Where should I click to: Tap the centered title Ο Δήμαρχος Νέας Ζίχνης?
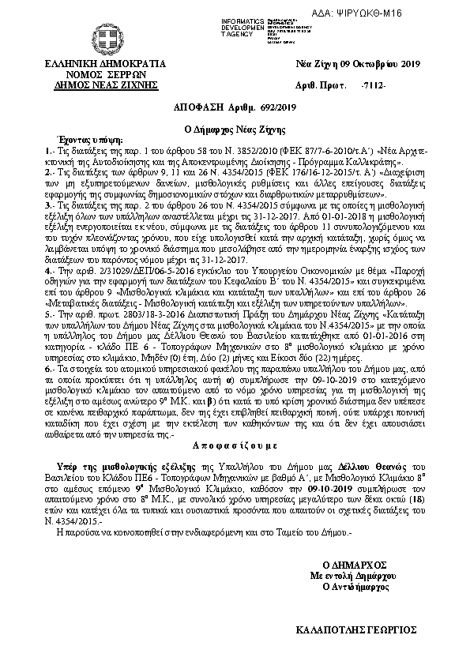[234, 126]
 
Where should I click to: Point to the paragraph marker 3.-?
[50, 204]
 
